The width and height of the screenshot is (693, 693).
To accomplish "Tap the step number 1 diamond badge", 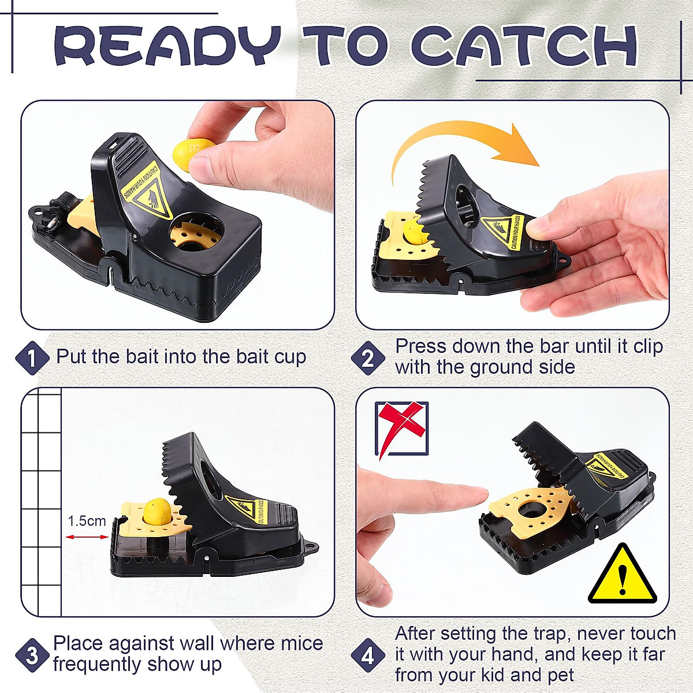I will click(x=32, y=359).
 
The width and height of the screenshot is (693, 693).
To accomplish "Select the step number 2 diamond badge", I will click(x=368, y=359).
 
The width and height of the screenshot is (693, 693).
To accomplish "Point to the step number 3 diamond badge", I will click(x=32, y=655).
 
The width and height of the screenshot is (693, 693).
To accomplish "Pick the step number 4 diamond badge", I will click(x=368, y=655).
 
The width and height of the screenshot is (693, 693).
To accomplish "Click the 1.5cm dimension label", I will click(x=87, y=521).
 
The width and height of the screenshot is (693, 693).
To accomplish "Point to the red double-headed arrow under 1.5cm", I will click(x=87, y=537).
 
